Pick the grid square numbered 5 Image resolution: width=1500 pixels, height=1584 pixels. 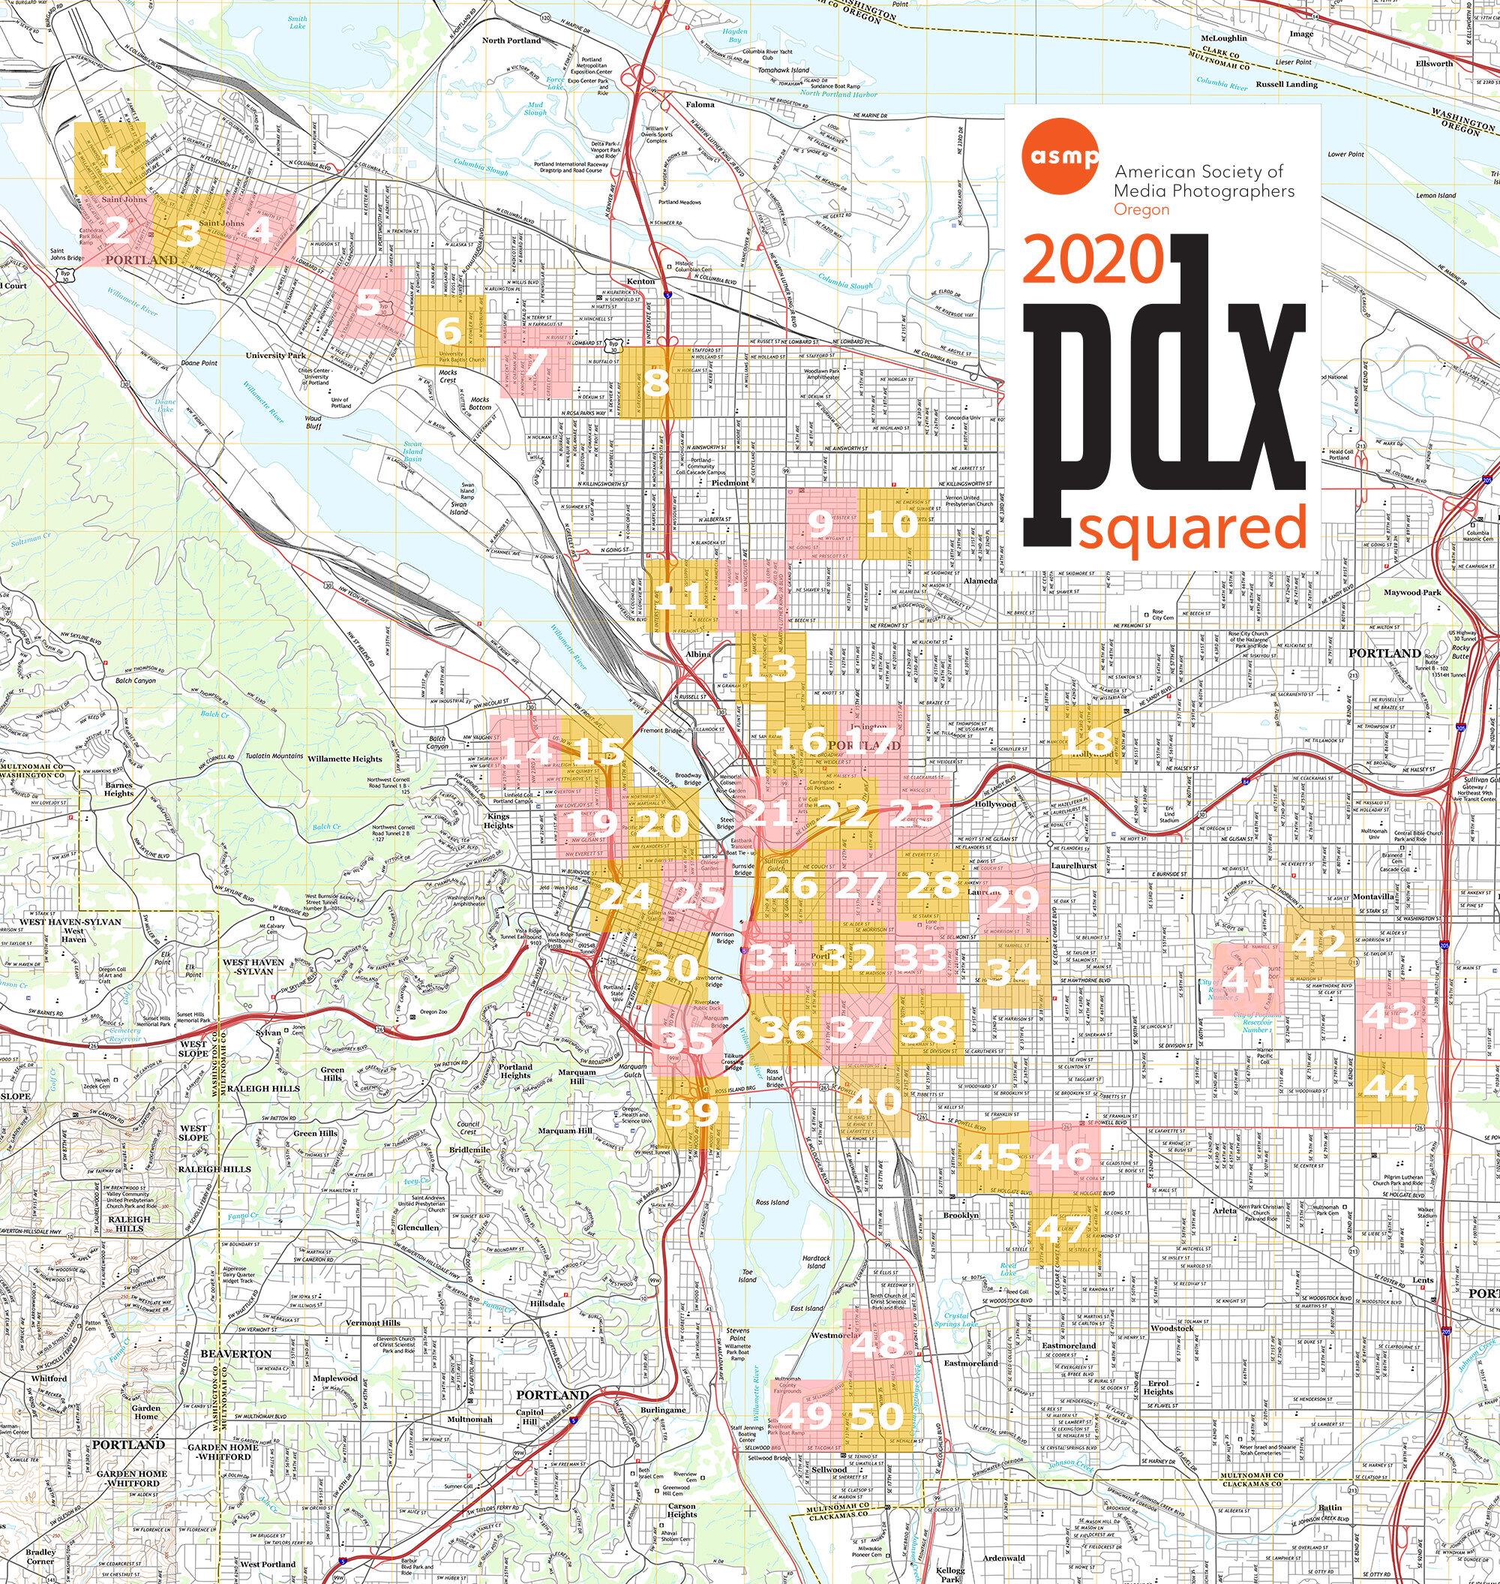click(x=367, y=302)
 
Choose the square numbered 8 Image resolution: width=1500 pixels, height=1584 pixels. click(x=655, y=382)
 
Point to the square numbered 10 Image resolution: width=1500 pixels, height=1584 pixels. click(x=892, y=524)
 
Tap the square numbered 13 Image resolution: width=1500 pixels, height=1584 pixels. click(x=770, y=667)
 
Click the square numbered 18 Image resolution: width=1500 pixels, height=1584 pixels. click(x=1086, y=739)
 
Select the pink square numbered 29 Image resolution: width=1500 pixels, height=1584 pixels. click(x=1014, y=899)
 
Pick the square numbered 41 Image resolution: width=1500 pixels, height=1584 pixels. click(x=1247, y=978)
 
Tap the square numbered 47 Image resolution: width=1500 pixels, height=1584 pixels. click(x=1063, y=1230)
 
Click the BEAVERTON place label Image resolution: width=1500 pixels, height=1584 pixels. click(x=235, y=1354)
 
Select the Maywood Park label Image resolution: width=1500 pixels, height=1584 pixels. click(x=1412, y=593)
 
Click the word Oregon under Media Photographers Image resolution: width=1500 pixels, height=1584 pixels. click(x=1141, y=209)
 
